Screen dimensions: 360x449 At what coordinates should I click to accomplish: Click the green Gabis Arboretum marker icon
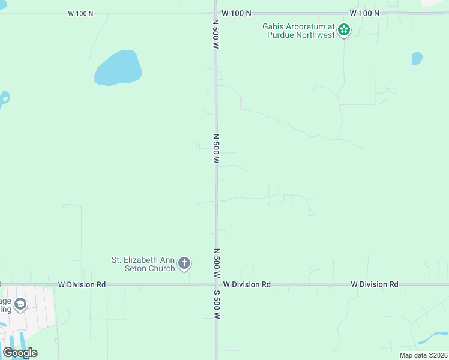(x=343, y=30)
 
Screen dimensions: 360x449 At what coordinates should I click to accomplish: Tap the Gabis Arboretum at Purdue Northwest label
(x=298, y=30)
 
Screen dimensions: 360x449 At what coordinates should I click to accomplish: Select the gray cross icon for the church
(x=184, y=263)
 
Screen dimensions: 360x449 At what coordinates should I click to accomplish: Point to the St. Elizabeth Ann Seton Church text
(x=143, y=264)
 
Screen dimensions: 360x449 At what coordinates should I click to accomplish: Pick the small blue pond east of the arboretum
(x=417, y=58)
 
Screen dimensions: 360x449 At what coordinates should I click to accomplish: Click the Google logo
(x=20, y=353)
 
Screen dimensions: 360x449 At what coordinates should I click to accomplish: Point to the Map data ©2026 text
(x=423, y=355)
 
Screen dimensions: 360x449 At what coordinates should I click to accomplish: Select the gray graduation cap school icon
(x=21, y=305)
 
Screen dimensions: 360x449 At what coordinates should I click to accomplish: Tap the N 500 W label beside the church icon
(x=217, y=263)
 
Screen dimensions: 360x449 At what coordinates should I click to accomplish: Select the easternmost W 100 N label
(x=364, y=13)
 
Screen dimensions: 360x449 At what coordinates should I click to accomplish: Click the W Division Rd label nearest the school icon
(x=82, y=284)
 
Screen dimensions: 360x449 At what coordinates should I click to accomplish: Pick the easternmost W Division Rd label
(x=375, y=284)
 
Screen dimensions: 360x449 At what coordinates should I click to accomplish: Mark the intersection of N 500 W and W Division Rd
(x=217, y=284)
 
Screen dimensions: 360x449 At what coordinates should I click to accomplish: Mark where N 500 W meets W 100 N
(x=216, y=13)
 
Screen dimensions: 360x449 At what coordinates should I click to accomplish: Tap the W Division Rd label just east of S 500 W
(x=247, y=284)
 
